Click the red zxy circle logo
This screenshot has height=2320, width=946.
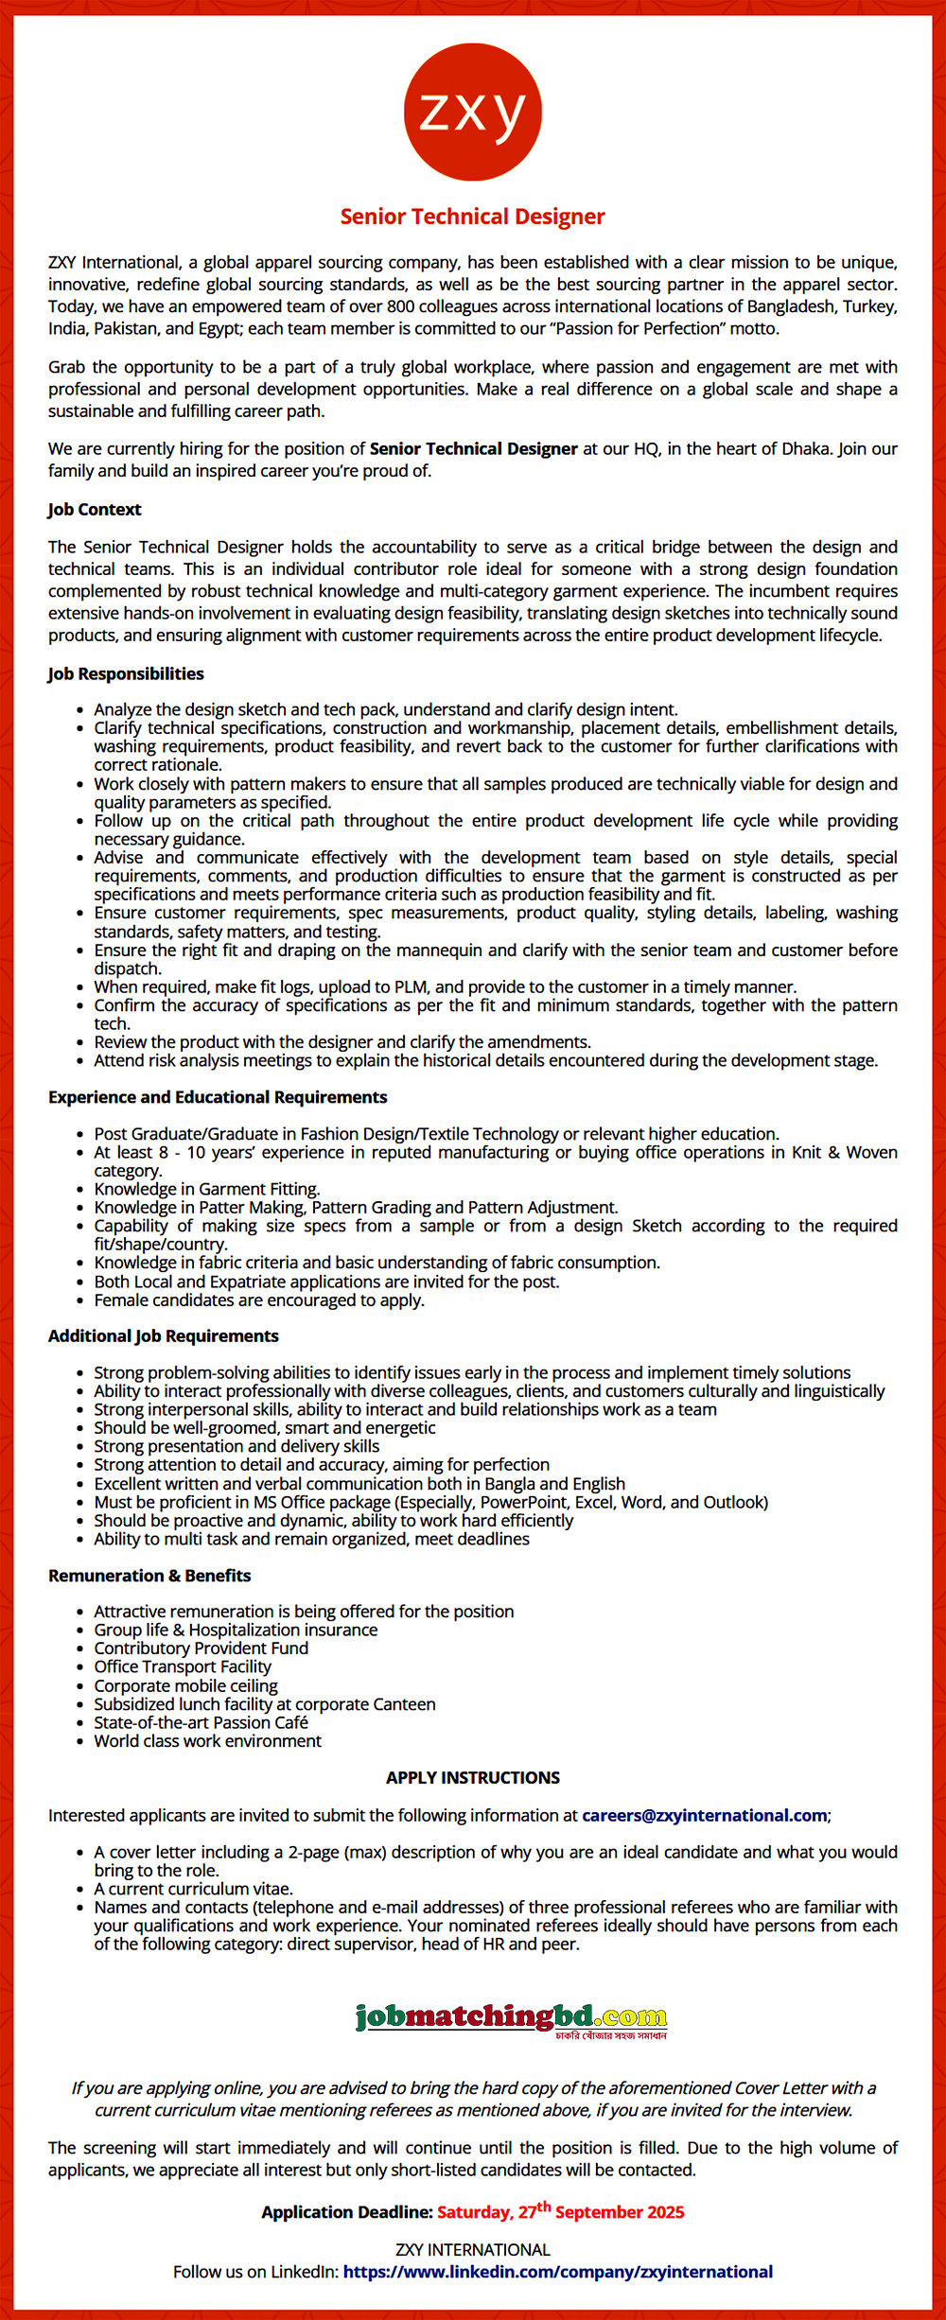pyautogui.click(x=472, y=112)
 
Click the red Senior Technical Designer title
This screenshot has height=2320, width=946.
pyautogui.click(x=472, y=217)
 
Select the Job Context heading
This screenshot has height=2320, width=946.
pyautogui.click(x=95, y=509)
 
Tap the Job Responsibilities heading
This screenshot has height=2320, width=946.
pyautogui.click(x=126, y=673)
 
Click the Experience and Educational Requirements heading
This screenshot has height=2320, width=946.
pyautogui.click(x=218, y=1097)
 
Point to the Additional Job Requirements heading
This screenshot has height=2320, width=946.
pyautogui.click(x=164, y=1335)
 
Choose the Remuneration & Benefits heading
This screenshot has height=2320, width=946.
pyautogui.click(x=149, y=1576)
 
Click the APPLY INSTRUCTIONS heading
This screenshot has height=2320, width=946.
pyautogui.click(x=472, y=1777)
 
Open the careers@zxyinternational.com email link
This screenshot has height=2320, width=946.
pyautogui.click(x=704, y=1815)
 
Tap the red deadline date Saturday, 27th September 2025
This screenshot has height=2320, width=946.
pyautogui.click(x=560, y=2212)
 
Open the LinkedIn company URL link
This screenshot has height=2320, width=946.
pyautogui.click(x=557, y=2272)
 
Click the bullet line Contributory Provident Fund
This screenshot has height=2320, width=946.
pyautogui.click(x=201, y=1648)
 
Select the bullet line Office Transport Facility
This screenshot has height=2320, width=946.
pyautogui.click(x=183, y=1666)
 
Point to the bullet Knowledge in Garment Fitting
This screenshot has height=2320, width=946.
pyautogui.click(x=207, y=1189)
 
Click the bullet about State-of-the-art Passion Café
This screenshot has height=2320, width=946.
pyautogui.click(x=201, y=1722)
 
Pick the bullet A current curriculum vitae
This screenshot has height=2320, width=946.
pyautogui.click(x=193, y=1889)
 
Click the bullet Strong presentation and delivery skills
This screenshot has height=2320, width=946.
pyautogui.click(x=236, y=1446)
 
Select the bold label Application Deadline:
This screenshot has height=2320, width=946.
pyautogui.click(x=347, y=2213)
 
